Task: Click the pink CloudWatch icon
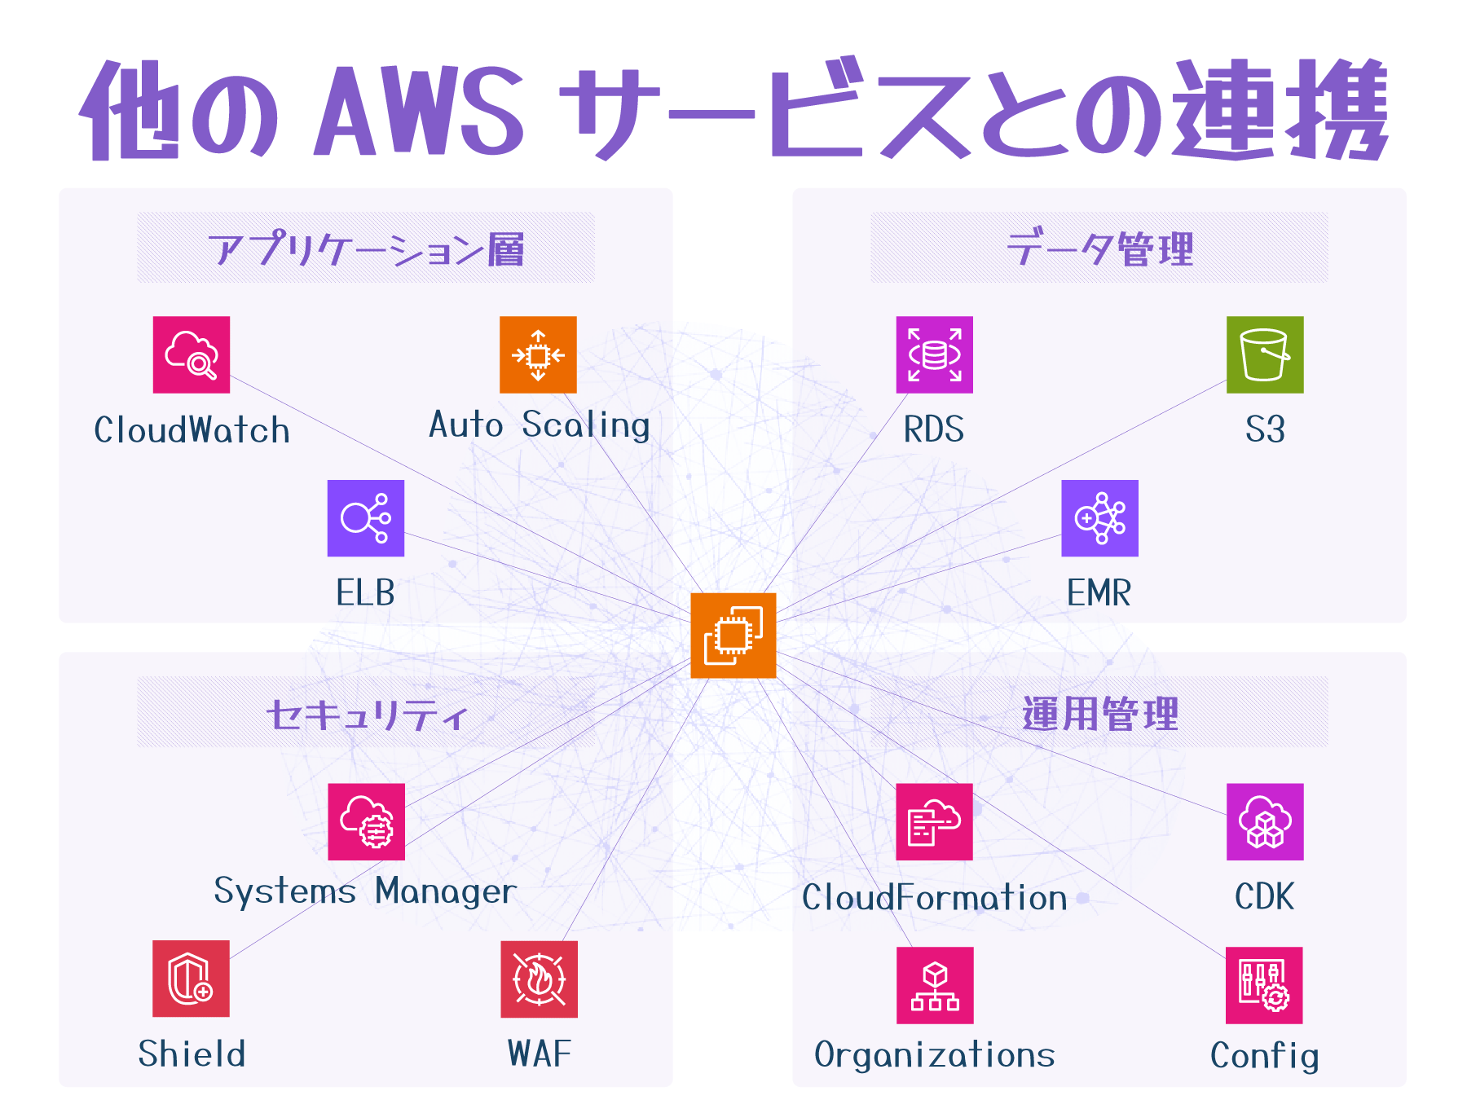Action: pos(192,354)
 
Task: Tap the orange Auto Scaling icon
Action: pos(538,354)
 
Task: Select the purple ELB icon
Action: pos(366,518)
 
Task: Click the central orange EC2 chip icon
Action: pos(733,636)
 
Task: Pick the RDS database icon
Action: pos(934,354)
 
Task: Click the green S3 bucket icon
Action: pos(1265,354)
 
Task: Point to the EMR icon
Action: pos(1099,518)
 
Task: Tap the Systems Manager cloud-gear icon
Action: pos(366,821)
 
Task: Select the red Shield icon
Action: pos(191,979)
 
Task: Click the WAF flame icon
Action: pos(539,979)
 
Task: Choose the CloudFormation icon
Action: pos(934,821)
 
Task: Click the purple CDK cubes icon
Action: pos(1265,821)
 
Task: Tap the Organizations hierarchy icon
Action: pos(935,985)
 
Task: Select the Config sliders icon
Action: pos(1264,985)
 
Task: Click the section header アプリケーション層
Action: pos(366,249)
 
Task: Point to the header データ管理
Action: pos(1099,249)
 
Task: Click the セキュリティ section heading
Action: pos(366,715)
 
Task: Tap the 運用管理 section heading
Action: pos(1099,715)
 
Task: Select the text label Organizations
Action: pos(934,1055)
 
